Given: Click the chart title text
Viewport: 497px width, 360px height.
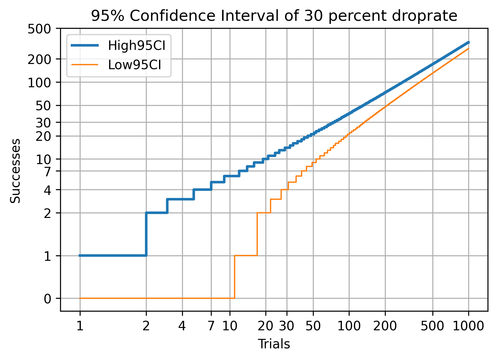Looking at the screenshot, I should coord(274,16).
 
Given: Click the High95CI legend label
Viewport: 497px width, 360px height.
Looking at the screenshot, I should coord(137,46).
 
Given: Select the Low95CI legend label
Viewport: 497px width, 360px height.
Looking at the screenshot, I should coord(135,65).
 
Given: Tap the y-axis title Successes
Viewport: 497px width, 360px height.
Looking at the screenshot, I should coord(15,171).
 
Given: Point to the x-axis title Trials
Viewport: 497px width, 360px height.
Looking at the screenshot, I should coord(274,344).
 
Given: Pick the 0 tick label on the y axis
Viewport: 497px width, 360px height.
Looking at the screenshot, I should coord(47,298).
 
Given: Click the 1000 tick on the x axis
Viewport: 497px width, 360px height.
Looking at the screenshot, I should coord(468,326).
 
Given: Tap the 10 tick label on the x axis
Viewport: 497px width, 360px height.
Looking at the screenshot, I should coord(230,326).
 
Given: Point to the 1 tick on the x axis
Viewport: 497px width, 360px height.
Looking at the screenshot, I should coord(80,326).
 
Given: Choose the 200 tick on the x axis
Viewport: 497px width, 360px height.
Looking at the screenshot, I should coord(385,326).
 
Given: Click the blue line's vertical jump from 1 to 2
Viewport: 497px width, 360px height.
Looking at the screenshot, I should coord(146,234).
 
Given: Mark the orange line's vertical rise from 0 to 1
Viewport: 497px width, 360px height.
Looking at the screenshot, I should coord(234,277).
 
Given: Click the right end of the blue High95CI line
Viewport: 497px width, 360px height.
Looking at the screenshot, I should coord(468,42).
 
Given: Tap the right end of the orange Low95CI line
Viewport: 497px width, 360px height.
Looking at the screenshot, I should coord(468,49).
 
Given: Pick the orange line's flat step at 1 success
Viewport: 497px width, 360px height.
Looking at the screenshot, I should coord(245,256).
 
